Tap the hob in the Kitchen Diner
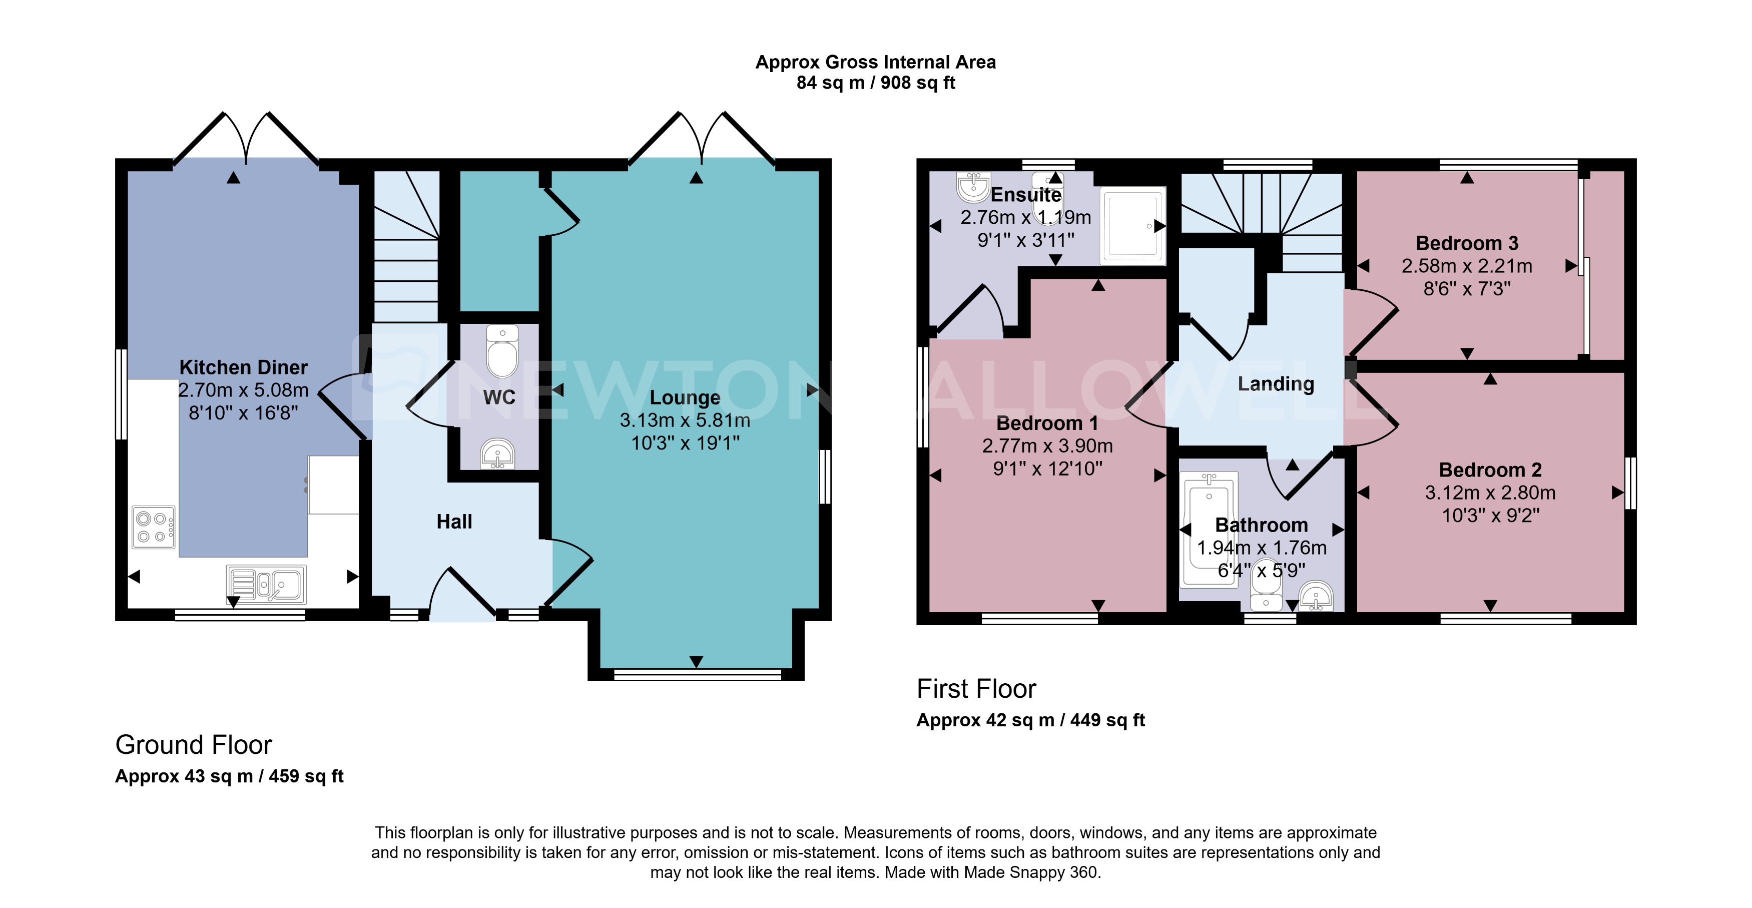153,527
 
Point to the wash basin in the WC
497,453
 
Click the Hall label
454,522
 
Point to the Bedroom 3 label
1466,243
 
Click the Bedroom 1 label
1047,423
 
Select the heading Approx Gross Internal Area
875,62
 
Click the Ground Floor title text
193,745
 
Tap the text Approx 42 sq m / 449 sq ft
1030,720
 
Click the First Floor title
976,689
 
